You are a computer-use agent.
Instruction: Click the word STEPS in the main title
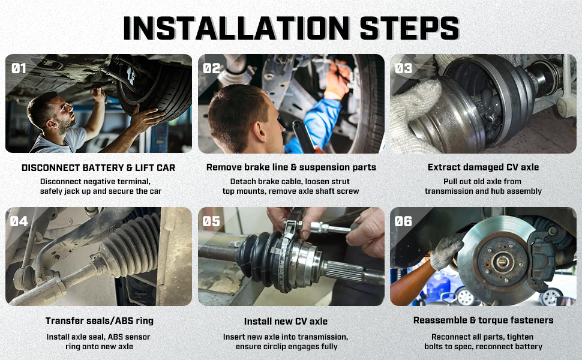410,28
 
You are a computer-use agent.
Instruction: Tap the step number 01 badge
19,68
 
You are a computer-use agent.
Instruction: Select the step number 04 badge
19,221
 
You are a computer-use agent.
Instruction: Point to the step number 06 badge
403,221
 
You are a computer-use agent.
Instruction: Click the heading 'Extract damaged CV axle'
483,167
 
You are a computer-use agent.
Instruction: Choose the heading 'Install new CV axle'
286,322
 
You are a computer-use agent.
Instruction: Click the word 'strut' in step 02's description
340,181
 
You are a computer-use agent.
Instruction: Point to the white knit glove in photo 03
412,115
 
